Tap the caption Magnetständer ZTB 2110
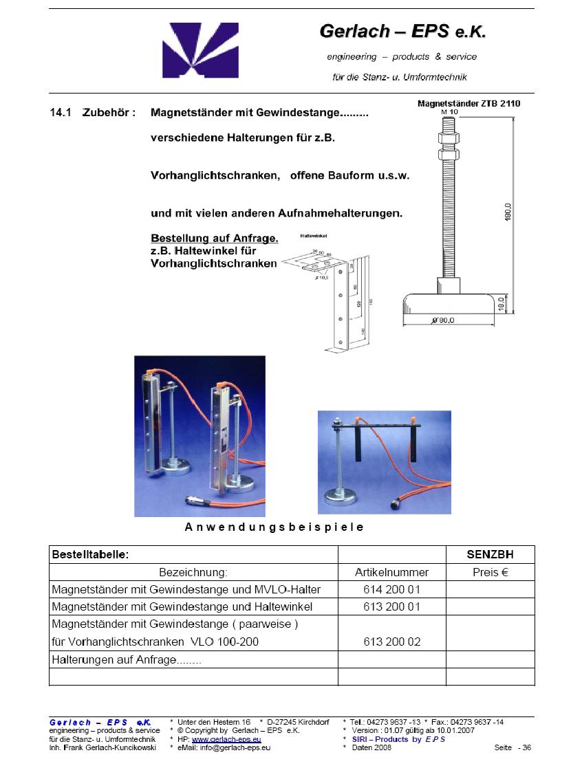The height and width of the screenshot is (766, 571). tap(470, 104)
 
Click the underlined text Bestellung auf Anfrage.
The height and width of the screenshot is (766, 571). tap(214, 239)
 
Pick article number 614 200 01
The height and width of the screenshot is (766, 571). tap(391, 589)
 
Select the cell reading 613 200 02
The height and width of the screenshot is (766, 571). tap(391, 642)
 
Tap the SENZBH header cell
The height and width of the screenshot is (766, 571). tap(490, 555)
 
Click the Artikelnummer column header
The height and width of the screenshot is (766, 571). tap(391, 572)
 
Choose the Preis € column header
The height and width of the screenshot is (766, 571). tap(490, 572)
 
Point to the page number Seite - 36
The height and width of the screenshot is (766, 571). tap(513, 747)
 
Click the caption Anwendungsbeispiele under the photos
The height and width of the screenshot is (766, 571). tap(274, 527)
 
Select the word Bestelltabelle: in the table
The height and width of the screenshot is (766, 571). tap(90, 555)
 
